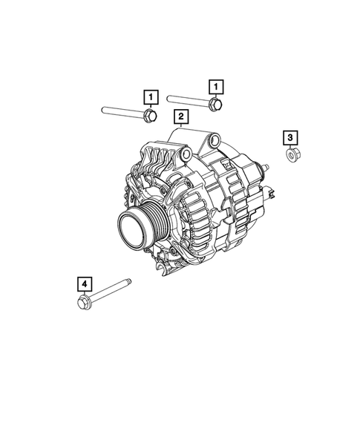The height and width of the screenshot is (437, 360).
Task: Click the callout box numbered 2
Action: [x=180, y=117]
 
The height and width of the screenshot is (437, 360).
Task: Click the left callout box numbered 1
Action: [x=150, y=97]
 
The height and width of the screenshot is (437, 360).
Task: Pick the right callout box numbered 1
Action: [x=215, y=86]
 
